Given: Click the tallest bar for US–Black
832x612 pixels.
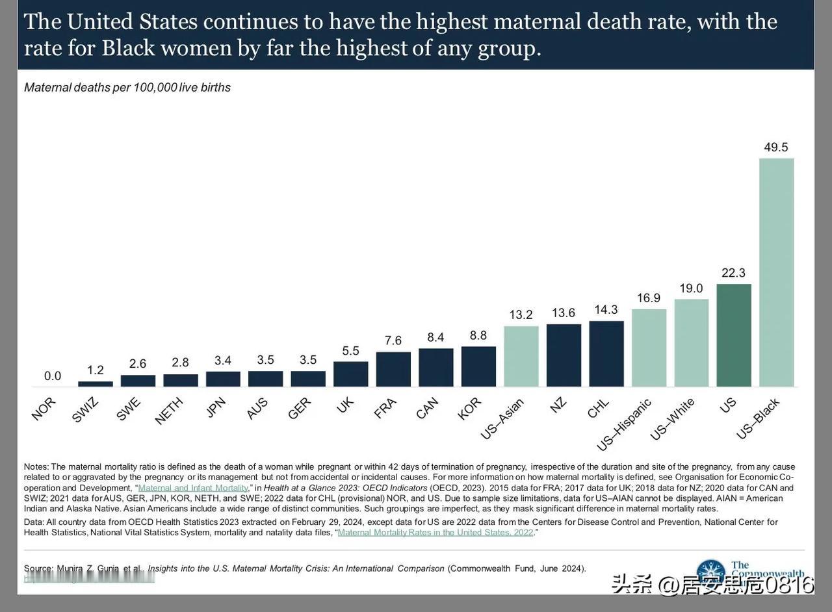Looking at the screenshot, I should pos(776,273).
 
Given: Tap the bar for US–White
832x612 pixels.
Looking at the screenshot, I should pos(692,343).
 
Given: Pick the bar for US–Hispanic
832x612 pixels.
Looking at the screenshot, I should pos(649,348).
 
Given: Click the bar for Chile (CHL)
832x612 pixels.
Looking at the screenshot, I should pos(606,354).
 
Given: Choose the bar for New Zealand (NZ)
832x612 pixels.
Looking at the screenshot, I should pos(564,355).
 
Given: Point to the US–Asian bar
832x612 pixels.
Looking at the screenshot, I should pos(521,357).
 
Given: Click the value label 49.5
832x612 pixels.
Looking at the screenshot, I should pos(776,147).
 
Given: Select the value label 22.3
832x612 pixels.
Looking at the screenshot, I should pos(734,273).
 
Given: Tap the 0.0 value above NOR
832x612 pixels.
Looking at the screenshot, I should pos(53,376).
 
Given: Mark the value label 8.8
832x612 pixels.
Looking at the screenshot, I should pos(478,335).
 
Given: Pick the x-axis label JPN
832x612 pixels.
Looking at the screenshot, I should pos(216,406).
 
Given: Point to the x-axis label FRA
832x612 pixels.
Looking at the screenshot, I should pos(385,408).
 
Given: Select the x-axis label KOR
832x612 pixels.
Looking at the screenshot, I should pos(470,408).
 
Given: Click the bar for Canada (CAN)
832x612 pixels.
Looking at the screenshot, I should pos(436,368).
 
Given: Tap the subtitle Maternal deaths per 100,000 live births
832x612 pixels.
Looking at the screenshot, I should pos(127,87).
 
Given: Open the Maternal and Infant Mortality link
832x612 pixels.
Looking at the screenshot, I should pos(193,488).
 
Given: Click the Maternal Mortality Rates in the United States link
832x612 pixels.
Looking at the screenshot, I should pos(435,533).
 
